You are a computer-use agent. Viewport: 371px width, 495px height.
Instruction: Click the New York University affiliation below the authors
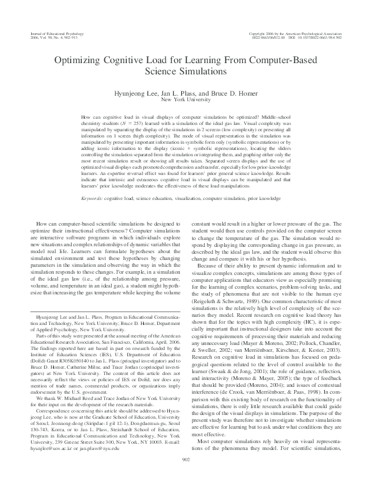185,99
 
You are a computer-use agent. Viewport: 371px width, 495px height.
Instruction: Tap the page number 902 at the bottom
185,477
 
